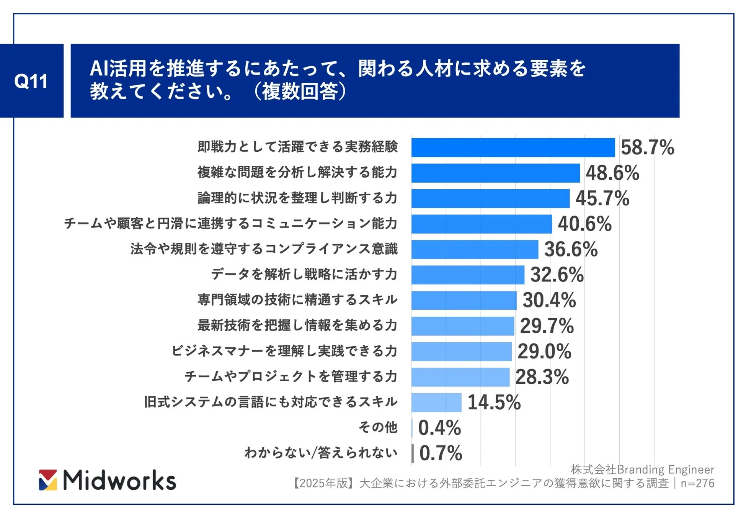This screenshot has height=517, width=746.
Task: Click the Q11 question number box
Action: pos(31,81)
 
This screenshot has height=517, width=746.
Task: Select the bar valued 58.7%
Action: pos(513,147)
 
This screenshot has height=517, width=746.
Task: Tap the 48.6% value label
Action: pos(612,173)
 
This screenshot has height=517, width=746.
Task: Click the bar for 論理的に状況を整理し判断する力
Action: pos(490,198)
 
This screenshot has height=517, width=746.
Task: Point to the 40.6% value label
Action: pos(584,224)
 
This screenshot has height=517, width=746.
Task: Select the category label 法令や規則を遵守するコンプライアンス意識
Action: pos(264,249)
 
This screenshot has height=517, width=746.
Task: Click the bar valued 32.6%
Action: pos(468,275)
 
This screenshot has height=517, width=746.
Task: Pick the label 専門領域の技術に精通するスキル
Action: pos(297,299)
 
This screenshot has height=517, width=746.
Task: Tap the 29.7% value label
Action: pos(547,326)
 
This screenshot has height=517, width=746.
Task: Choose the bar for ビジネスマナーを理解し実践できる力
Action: pos(461,351)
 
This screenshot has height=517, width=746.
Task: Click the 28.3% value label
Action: pos(542,377)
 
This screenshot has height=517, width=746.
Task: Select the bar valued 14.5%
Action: pos(436,402)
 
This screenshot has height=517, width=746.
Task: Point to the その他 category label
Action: pos(378,427)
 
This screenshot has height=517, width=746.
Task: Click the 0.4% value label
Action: pos(439,428)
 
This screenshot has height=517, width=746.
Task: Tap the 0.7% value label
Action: pos(441,453)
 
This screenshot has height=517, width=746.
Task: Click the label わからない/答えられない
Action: pos(321,453)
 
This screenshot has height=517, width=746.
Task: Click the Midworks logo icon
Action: pos(48,480)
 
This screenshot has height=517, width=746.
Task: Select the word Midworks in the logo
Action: pos(119,480)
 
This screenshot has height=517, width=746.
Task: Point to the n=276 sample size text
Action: pos(697,483)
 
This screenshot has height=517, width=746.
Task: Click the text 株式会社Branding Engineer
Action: pos(642,469)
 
